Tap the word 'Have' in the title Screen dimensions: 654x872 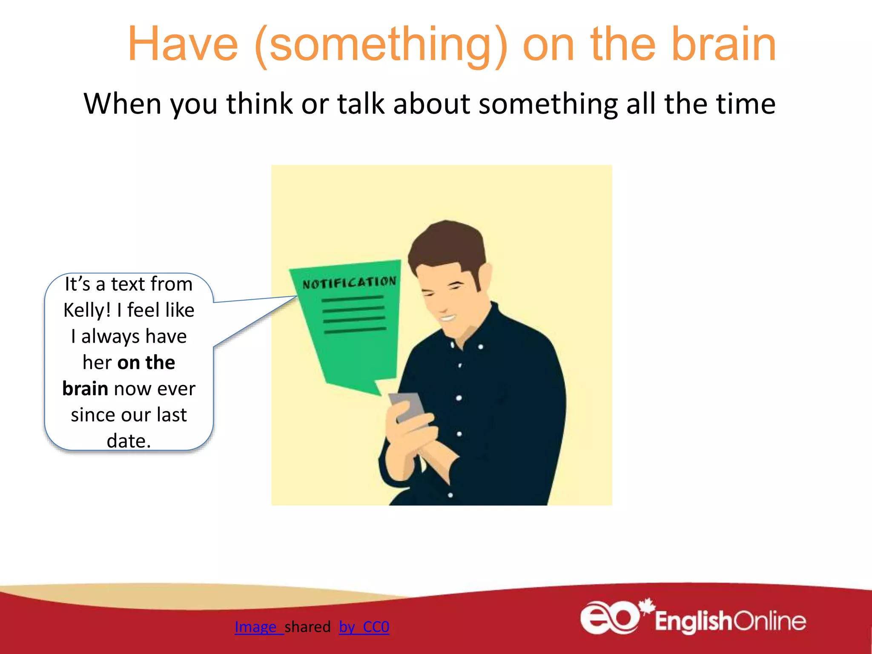[x=183, y=44]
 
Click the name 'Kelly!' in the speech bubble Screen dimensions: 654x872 [x=87, y=310]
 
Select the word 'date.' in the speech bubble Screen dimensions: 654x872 [x=129, y=441]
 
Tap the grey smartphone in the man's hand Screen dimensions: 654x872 [x=408, y=407]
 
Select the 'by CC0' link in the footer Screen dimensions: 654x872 [x=364, y=627]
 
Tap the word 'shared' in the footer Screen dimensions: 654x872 [x=307, y=627]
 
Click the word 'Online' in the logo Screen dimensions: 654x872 [x=770, y=621]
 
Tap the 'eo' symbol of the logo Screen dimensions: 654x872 [x=609, y=618]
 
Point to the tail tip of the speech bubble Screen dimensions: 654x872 [x=297, y=297]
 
